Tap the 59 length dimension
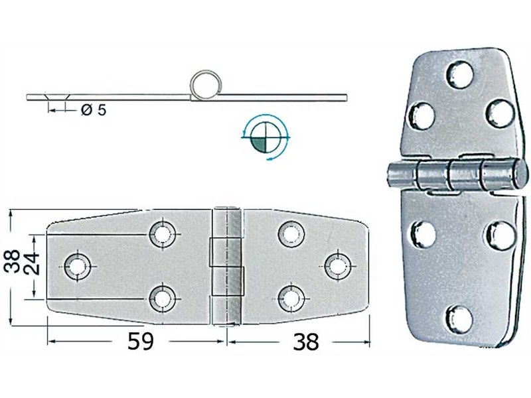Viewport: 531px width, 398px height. (140, 342)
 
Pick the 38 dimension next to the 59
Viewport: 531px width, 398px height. (305, 342)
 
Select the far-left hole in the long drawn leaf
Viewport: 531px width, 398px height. (78, 265)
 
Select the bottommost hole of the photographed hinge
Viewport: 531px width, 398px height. (457, 318)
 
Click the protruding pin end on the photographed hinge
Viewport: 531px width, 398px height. (394, 174)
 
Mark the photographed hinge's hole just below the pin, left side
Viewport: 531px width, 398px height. (421, 233)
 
